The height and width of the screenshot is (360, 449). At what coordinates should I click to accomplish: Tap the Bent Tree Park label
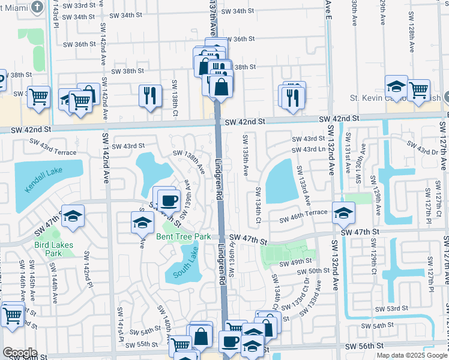click(x=183, y=236)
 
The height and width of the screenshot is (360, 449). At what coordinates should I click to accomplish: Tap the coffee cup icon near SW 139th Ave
click(x=169, y=200)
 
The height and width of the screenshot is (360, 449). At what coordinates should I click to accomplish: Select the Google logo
click(x=20, y=353)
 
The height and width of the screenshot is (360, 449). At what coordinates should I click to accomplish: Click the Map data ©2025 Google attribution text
click(x=412, y=355)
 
